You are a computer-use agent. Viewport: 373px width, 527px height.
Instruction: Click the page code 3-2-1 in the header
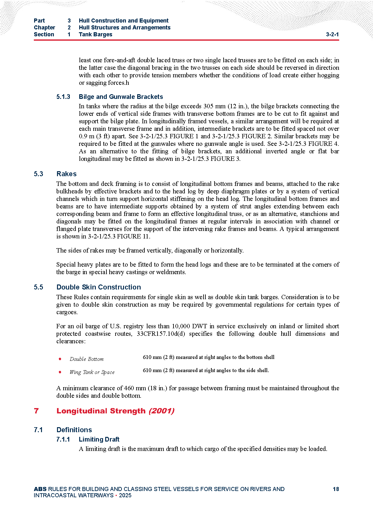pos(332,34)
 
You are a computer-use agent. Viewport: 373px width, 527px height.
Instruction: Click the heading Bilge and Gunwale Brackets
pos(121,97)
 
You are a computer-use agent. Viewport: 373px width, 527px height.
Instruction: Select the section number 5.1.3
pos(63,97)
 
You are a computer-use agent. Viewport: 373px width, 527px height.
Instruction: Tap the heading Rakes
pos(66,174)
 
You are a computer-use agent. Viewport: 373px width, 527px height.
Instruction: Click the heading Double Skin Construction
pos(99,287)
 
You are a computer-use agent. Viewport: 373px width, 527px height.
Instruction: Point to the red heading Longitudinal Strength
pos(101,411)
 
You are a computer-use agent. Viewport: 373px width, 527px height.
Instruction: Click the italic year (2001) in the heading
pos(161,411)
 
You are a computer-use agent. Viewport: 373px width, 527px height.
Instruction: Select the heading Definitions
pos(74,430)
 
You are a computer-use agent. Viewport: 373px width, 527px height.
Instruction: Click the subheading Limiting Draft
pos(99,439)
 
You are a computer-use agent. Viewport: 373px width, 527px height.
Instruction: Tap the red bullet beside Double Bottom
pos(60,359)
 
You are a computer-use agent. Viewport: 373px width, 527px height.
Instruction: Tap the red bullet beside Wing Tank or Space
pos(60,372)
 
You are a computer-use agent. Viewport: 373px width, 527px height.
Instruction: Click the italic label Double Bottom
pos(86,359)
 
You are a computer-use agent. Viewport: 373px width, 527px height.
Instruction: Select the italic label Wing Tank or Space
pos(92,372)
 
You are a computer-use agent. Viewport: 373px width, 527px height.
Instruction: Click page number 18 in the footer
pos(336,489)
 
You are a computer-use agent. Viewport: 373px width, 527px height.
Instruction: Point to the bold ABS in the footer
pos(40,489)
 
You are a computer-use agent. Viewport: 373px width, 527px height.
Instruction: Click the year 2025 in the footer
pos(125,495)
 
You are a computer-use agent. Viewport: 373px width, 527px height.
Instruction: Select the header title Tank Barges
pos(95,34)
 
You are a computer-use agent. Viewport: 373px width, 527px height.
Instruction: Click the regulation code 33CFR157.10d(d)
pos(161,334)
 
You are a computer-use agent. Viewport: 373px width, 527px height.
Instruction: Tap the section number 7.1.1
pos(63,439)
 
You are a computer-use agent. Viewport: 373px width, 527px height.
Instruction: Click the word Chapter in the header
pos(44,28)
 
